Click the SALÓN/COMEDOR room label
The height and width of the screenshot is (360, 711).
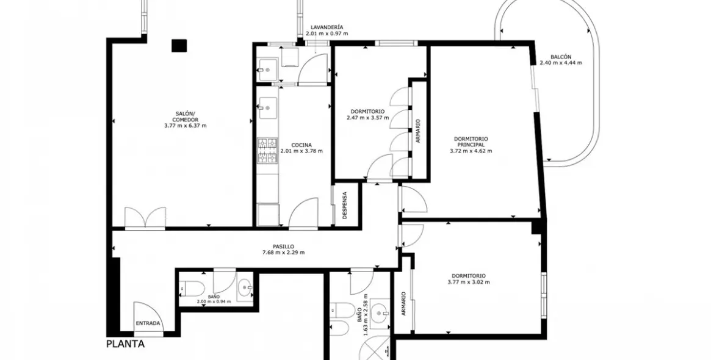click(x=185, y=117)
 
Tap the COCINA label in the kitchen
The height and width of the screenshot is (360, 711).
click(x=301, y=145)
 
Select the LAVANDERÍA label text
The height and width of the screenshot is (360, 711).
click(x=327, y=27)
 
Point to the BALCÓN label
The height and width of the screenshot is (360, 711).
click(x=561, y=56)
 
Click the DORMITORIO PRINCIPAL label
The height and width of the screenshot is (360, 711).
click(x=471, y=142)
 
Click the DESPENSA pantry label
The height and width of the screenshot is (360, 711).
click(x=345, y=206)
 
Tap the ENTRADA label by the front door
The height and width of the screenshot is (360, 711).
click(x=148, y=323)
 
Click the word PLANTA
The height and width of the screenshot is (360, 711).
click(x=126, y=344)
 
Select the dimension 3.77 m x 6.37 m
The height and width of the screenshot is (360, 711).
click(x=185, y=126)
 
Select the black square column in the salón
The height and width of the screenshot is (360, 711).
click(x=179, y=45)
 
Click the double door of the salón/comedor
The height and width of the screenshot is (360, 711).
click(x=145, y=217)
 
